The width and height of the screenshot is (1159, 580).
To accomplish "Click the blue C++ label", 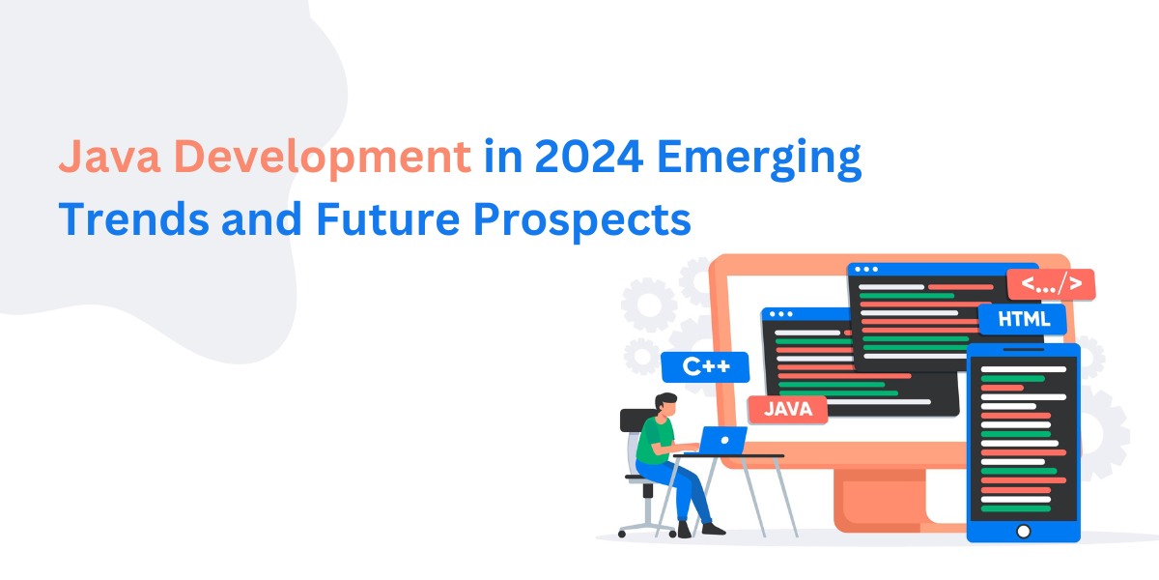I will pyautogui.click(x=704, y=367).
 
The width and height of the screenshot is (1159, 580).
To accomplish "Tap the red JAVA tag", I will pyautogui.click(x=787, y=409).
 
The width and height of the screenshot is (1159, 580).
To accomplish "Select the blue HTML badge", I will pyautogui.click(x=1022, y=320).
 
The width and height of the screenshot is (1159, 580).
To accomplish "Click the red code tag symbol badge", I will pyautogui.click(x=1050, y=285).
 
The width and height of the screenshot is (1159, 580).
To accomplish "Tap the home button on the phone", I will pyautogui.click(x=1023, y=530).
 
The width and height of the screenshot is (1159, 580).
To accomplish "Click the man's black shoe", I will pyautogui.click(x=713, y=529).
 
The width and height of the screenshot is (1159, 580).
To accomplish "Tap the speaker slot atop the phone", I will pyautogui.click(x=1023, y=350).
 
